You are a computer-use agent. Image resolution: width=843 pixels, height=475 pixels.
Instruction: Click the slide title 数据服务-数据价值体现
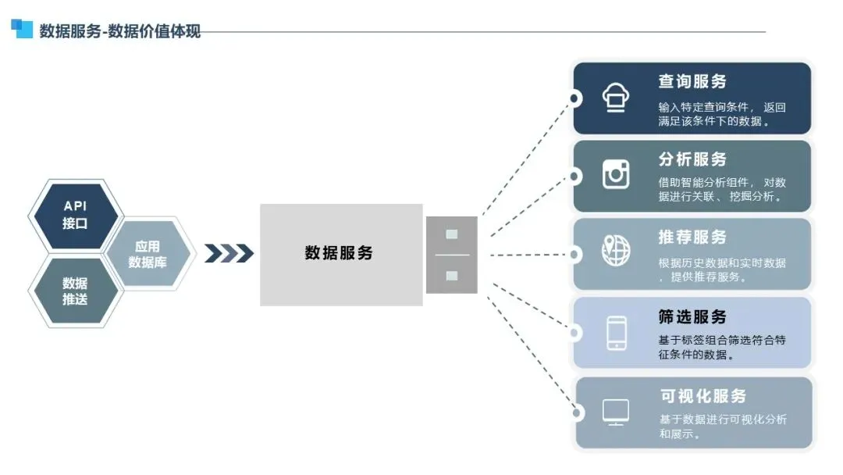coord(119,31)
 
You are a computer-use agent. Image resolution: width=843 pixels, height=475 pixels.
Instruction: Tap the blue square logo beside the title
coord(22,29)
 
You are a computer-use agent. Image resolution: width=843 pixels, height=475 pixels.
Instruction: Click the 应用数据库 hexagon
coord(148,254)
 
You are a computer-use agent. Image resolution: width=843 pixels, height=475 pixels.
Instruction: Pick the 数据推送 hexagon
coord(75,291)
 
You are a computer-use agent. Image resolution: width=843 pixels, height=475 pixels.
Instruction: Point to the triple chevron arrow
coord(229,253)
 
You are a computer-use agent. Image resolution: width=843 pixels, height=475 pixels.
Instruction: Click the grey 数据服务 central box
coord(340,254)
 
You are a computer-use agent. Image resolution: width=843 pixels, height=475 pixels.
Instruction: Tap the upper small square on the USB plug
coord(451,234)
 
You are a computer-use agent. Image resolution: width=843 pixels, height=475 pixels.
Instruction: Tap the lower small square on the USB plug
coord(451,275)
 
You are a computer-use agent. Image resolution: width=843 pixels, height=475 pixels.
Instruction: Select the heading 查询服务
coord(692,81)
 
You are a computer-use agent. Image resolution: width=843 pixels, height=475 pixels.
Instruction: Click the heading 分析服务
coord(692,159)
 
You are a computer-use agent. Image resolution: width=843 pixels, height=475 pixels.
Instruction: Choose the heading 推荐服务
coord(692,237)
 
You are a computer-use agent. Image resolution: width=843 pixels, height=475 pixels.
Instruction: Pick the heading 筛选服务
coord(692,316)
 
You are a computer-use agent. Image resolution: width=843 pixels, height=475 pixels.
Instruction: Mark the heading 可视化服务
coord(702,395)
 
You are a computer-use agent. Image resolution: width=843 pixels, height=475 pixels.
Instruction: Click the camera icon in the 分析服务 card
coord(616,173)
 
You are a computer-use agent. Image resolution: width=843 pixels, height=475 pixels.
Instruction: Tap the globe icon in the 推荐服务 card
coord(616,251)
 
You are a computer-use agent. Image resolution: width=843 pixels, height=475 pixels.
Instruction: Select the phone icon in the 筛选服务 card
coord(616,332)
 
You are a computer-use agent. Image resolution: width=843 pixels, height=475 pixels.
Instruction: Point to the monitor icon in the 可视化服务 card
coord(616,411)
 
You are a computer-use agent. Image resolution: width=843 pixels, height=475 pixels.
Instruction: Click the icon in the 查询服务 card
coord(616,97)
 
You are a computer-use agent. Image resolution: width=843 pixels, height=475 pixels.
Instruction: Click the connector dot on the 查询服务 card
coord(575,98)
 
